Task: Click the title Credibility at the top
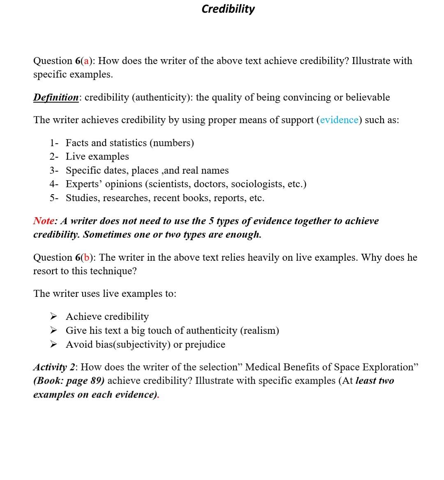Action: (228, 9)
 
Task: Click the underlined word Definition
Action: (56, 97)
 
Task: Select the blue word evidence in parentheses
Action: (339, 120)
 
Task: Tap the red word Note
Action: (44, 221)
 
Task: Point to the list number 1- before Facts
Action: (54, 143)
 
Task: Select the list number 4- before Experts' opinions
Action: (54, 184)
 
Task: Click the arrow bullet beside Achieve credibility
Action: (53, 317)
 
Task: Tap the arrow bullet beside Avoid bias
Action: (53, 344)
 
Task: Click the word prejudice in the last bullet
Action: (205, 344)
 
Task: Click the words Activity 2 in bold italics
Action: (52, 367)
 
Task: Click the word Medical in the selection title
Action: (263, 367)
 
